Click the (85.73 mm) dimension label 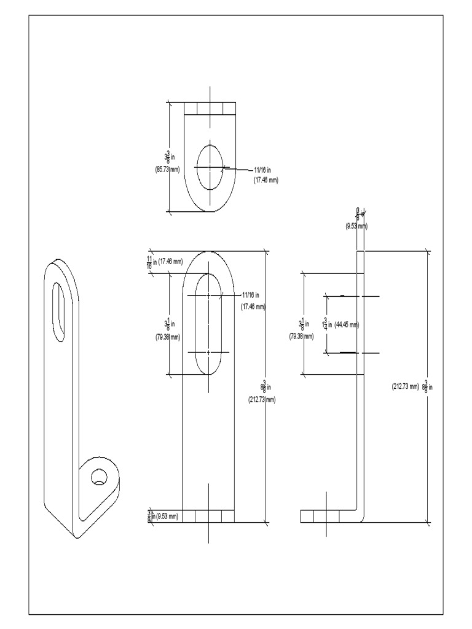pyautogui.click(x=168, y=169)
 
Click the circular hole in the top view pyautogui.click(x=210, y=166)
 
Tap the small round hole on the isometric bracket pyautogui.click(x=98, y=477)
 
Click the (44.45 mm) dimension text pyautogui.click(x=347, y=324)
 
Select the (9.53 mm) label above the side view pyautogui.click(x=356, y=226)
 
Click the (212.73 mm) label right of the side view pyautogui.click(x=404, y=386)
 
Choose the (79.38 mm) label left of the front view pyautogui.click(x=168, y=337)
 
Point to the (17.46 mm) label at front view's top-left pyautogui.click(x=170, y=261)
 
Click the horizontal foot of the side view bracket pyautogui.click(x=326, y=516)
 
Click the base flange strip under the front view pyautogui.click(x=208, y=516)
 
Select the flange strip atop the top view pyautogui.click(x=210, y=109)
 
